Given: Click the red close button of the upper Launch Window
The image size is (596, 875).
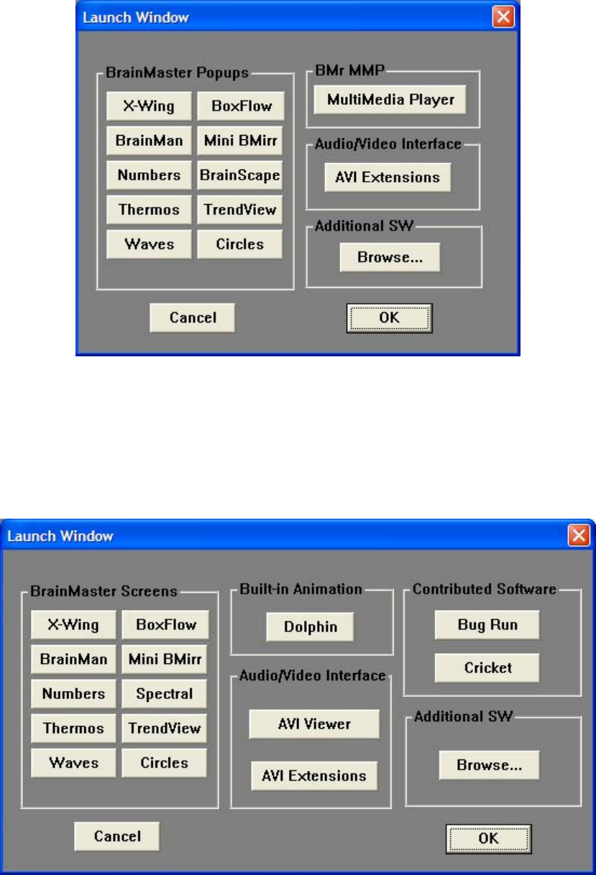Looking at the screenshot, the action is tap(503, 17).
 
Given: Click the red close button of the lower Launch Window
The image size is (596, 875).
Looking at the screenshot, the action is tap(579, 535).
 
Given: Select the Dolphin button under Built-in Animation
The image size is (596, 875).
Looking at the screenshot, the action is tap(311, 627).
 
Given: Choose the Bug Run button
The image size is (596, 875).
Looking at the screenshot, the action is tap(487, 625).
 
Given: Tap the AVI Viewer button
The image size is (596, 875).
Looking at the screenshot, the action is tap(314, 724).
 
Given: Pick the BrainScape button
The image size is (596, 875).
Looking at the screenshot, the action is tap(240, 175).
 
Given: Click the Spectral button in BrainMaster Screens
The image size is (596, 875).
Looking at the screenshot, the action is tap(165, 694).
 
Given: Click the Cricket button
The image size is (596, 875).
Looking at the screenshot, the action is tap(487, 668).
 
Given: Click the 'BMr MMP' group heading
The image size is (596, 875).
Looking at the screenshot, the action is tap(350, 70).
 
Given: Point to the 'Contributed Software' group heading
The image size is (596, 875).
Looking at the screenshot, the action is tap(485, 588).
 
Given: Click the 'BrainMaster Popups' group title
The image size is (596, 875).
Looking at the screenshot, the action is tap(177, 73).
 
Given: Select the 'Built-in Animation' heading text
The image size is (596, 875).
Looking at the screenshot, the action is tap(301, 588).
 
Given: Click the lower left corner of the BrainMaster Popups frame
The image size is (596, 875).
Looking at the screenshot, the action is tap(97, 290).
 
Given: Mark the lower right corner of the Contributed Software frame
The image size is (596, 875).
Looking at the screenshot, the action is tap(581, 695).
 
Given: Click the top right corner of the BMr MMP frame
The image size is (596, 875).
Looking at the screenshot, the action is tap(480, 71).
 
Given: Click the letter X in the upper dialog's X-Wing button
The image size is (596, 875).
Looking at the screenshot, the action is tap(128, 106).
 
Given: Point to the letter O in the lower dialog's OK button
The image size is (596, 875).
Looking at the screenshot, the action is tap(483, 838).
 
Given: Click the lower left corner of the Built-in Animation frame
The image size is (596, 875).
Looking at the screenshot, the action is tap(231, 654).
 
